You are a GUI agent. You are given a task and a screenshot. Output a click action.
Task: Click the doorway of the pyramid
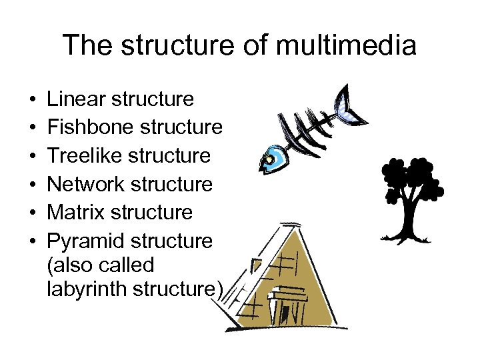pos(287,307)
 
